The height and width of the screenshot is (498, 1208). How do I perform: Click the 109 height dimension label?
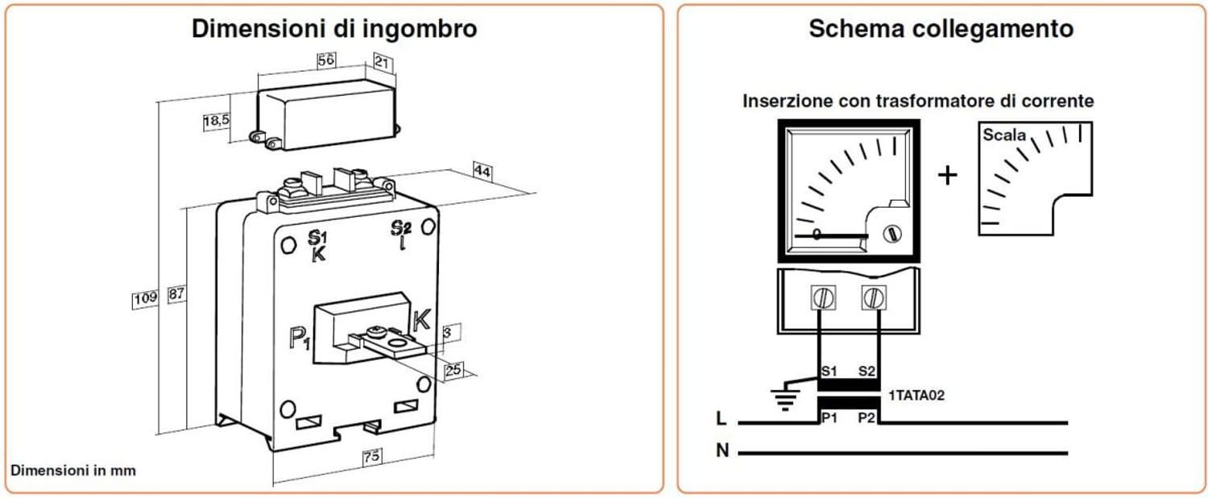pyautogui.click(x=145, y=298)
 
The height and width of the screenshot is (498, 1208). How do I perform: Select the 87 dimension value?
pyautogui.click(x=176, y=295)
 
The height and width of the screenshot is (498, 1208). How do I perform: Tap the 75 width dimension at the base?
pyautogui.click(x=370, y=457)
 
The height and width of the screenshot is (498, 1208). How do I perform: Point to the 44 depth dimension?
pyautogui.click(x=482, y=172)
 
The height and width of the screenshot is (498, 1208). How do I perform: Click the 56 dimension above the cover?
pyautogui.click(x=326, y=61)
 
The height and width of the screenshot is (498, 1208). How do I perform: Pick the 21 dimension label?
pyautogui.click(x=383, y=62)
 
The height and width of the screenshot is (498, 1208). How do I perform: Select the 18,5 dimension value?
pyautogui.click(x=216, y=122)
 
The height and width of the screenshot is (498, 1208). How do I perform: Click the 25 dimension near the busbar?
pyautogui.click(x=453, y=369)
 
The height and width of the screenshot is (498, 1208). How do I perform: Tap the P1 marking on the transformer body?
pyautogui.click(x=300, y=338)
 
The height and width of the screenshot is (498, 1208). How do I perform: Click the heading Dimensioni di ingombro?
pyautogui.click(x=334, y=29)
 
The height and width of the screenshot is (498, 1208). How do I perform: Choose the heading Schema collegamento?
pyautogui.click(x=941, y=29)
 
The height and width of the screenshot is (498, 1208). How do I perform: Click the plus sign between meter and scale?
pyautogui.click(x=948, y=175)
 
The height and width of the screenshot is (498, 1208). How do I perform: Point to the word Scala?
pyautogui.click(x=1004, y=135)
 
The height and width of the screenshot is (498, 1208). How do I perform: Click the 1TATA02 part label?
pyautogui.click(x=916, y=396)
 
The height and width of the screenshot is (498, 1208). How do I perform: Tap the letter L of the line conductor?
pyautogui.click(x=721, y=419)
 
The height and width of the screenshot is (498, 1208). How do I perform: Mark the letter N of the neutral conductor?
pyautogui.click(x=722, y=451)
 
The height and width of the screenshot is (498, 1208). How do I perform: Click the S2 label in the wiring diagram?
pyautogui.click(x=867, y=371)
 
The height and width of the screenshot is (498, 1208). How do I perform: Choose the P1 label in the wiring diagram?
pyautogui.click(x=829, y=417)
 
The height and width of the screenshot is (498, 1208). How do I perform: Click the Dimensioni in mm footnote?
pyautogui.click(x=73, y=470)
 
